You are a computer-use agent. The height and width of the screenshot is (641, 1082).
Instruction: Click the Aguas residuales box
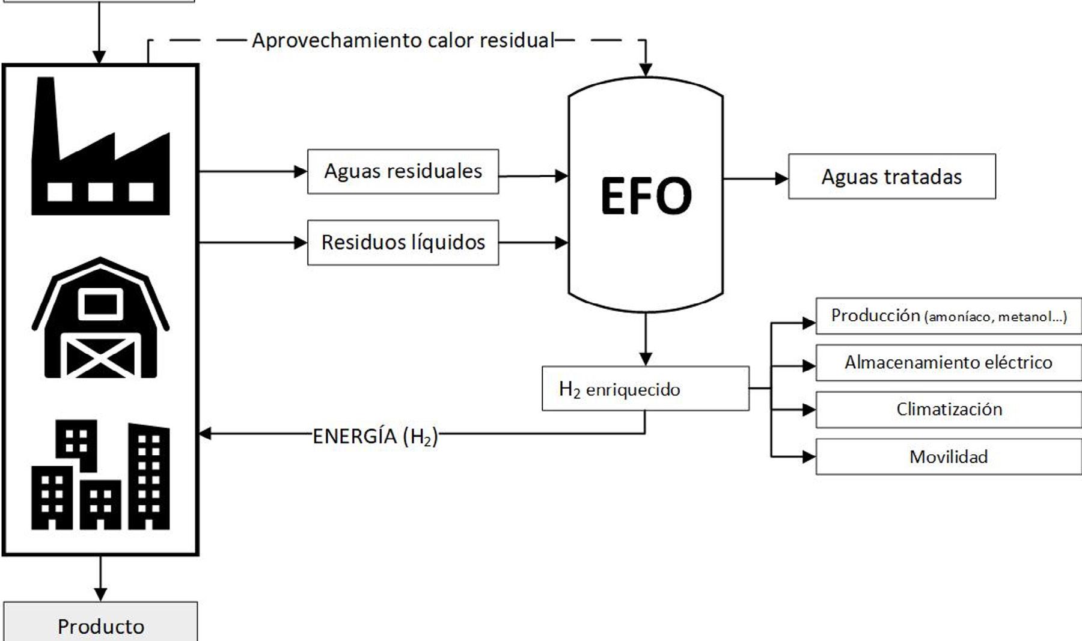pos(403,172)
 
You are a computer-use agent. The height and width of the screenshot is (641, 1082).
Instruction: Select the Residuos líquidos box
pos(403,243)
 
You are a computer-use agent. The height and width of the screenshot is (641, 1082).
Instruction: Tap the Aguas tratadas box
pos(891,177)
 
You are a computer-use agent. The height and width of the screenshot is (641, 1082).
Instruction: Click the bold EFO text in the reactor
pos(646,196)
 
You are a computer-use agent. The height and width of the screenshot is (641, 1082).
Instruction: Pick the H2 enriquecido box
pos(645,389)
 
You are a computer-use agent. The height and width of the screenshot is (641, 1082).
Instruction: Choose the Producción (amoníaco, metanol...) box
pos(949,316)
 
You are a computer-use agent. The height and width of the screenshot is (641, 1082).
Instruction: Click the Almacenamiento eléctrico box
pos(949,363)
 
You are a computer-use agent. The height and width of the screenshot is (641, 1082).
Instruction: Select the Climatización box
pos(949,410)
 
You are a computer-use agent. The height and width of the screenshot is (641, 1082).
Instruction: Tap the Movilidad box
pos(949,457)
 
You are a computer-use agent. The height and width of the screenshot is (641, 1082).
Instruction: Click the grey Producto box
pos(100,624)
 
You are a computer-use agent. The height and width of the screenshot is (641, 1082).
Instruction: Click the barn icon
pos(100,318)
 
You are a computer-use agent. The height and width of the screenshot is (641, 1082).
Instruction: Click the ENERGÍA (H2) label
pos(375,436)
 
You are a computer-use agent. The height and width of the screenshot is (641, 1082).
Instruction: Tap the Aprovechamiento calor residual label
pos(403,40)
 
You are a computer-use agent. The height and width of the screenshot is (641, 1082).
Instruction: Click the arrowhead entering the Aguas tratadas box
pos(781,178)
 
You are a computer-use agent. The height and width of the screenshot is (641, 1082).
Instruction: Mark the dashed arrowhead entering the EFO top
pos(646,70)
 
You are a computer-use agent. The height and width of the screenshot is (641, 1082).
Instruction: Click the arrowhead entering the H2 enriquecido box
pos(646,359)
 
